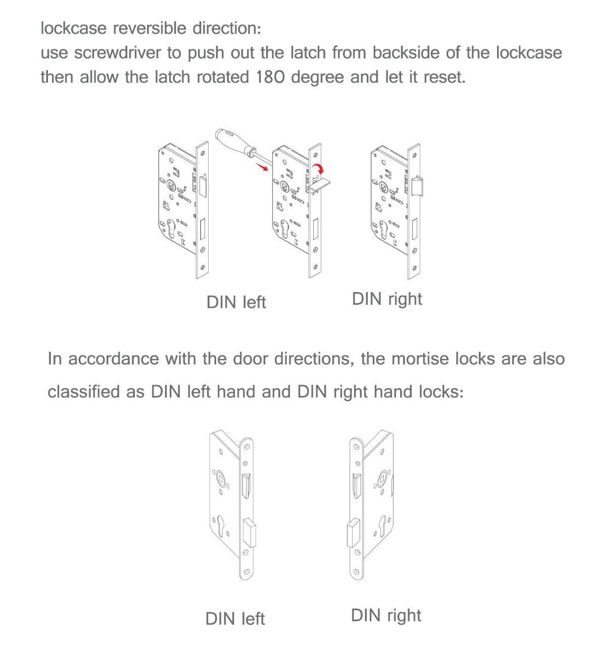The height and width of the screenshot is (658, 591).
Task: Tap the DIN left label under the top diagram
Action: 236,302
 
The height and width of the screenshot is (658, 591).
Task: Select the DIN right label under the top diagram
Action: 387,299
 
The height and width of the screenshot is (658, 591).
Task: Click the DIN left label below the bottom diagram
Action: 235,619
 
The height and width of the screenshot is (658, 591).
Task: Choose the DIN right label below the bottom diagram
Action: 386,615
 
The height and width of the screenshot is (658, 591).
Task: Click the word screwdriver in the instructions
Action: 117,52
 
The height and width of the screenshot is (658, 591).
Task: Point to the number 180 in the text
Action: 270,77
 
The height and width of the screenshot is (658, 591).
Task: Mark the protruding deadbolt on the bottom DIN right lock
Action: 353,533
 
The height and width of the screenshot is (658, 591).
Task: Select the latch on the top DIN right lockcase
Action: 418,186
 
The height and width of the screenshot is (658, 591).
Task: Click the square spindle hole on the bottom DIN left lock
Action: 221,477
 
